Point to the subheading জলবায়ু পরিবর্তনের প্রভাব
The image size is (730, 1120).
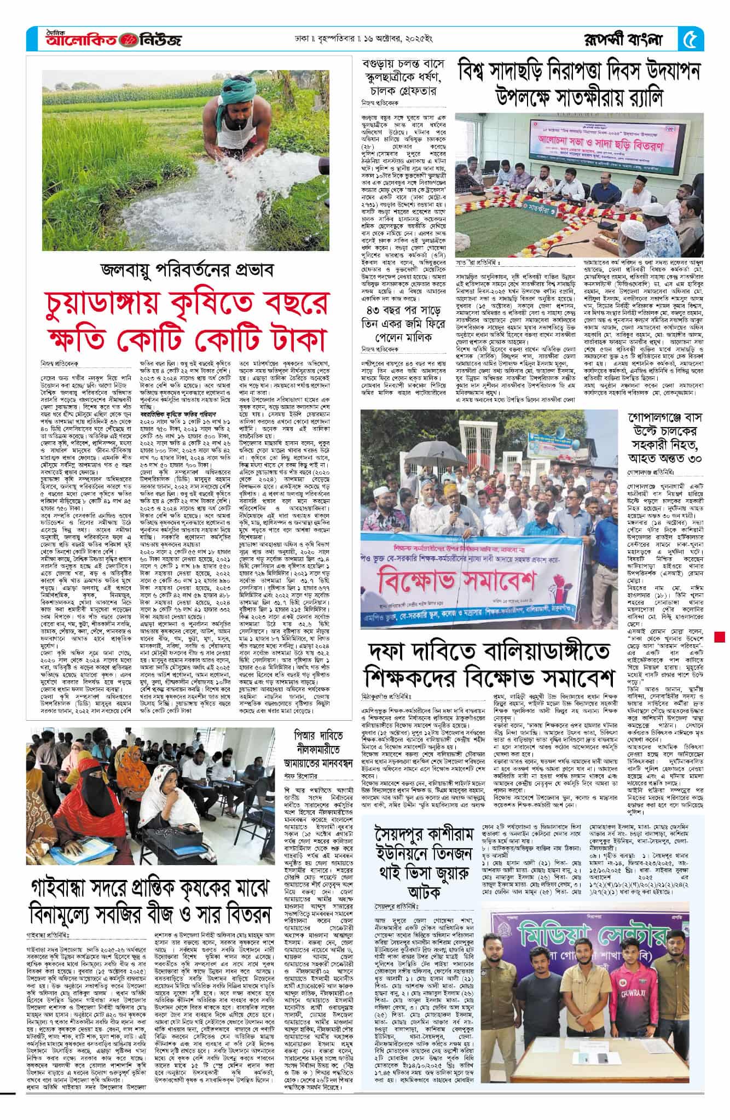(186, 270)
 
